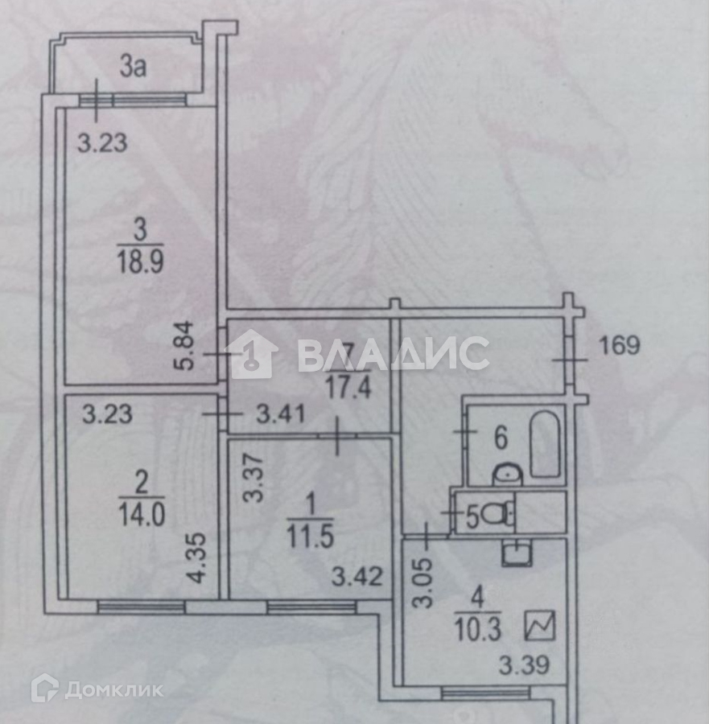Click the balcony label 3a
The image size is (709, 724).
(x=133, y=68)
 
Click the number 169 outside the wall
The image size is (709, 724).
(x=620, y=346)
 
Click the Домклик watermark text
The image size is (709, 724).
(x=113, y=689)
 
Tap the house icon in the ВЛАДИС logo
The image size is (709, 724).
(x=254, y=355)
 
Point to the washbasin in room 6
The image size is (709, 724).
(x=507, y=475)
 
